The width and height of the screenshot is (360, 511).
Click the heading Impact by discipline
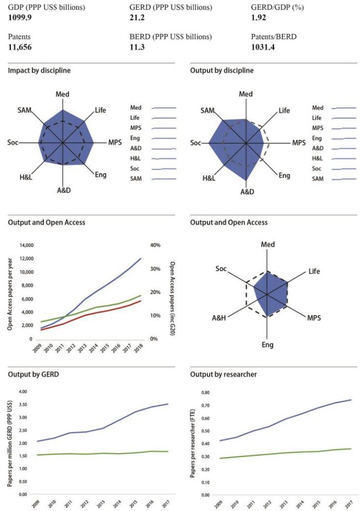pos(39,70)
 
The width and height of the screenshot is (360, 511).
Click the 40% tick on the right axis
pos(154,245)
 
